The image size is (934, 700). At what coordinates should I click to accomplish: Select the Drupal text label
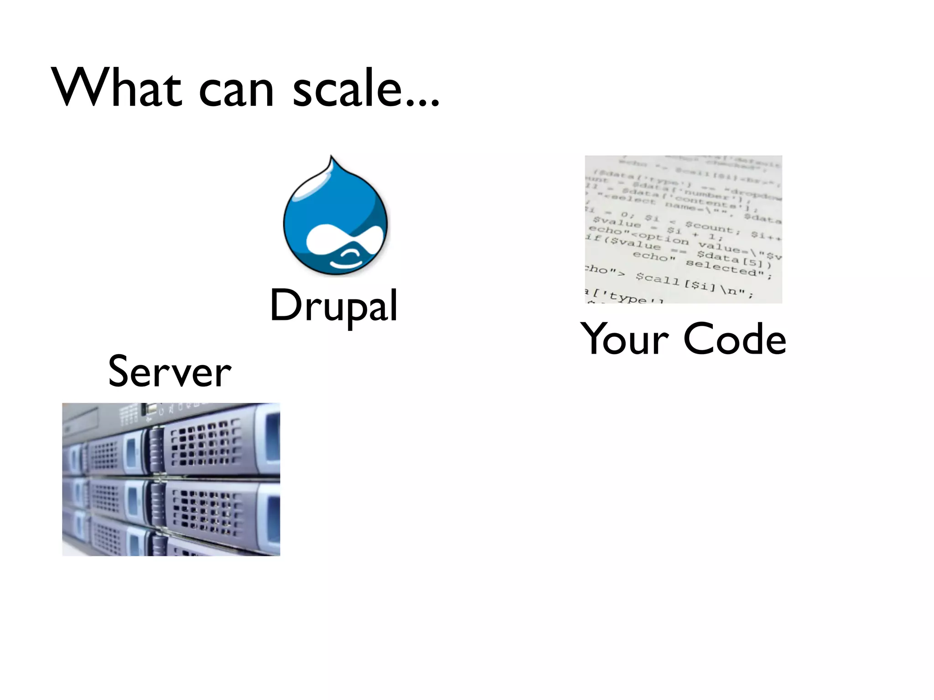click(x=333, y=305)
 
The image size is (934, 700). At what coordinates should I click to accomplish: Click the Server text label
click(x=170, y=372)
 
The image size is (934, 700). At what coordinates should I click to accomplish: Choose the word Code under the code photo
click(x=735, y=339)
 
